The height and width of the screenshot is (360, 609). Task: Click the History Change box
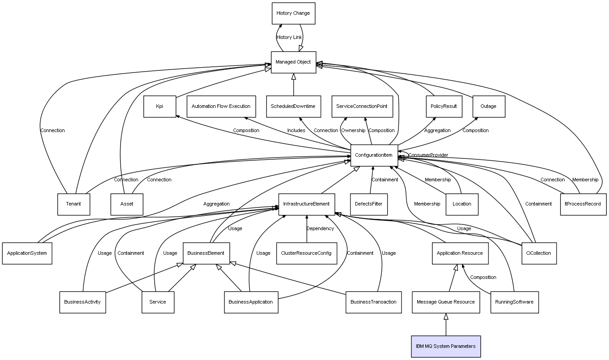[x=294, y=13]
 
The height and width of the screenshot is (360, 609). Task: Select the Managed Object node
[x=294, y=62]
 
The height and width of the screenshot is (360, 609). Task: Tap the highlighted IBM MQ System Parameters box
[x=446, y=347]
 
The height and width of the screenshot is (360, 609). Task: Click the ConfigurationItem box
[x=374, y=155]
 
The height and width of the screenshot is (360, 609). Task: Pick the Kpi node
[x=160, y=107]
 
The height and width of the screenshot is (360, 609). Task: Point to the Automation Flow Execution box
[x=221, y=107]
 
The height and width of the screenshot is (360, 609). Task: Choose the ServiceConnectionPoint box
[x=362, y=107]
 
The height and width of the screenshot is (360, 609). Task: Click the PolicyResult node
[x=444, y=107]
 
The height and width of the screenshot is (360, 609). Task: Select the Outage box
[x=489, y=107]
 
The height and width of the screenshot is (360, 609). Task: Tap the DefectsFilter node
[x=369, y=204]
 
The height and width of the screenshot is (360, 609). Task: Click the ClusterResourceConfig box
[x=307, y=253]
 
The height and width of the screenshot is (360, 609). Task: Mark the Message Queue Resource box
[x=446, y=302]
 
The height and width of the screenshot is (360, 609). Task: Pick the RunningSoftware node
[x=514, y=302]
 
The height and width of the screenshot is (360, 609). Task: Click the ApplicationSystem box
[x=27, y=253]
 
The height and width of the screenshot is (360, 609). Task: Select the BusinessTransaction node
[x=374, y=302]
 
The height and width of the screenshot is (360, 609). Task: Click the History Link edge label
[x=289, y=38]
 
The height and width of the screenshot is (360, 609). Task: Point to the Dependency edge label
[x=320, y=228]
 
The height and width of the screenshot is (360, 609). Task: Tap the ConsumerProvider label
[x=428, y=155]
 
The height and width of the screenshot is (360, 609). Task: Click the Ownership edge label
[x=353, y=130]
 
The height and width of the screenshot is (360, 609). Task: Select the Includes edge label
[x=296, y=130]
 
